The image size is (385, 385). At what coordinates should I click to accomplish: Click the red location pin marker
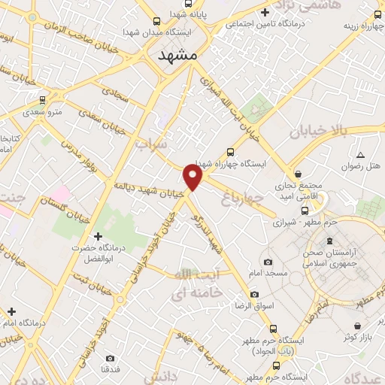tap(193, 177)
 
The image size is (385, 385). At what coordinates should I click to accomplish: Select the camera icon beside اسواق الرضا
tap(254, 294)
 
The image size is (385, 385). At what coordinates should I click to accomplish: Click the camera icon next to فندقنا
tap(111, 358)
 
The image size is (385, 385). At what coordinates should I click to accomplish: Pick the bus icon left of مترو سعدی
tap(42, 99)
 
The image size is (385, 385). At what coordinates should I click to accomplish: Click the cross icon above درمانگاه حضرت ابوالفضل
tap(98, 238)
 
